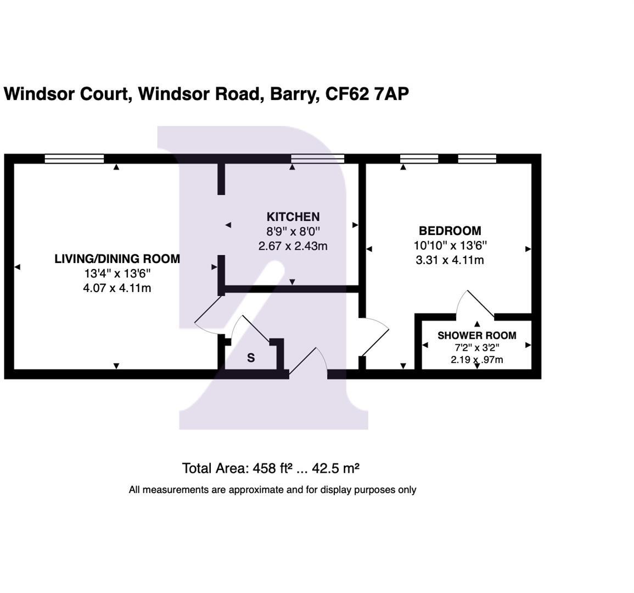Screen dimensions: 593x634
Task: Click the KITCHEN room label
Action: pyautogui.click(x=293, y=217)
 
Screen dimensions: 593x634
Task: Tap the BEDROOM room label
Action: pyautogui.click(x=450, y=231)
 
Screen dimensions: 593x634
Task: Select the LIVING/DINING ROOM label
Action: pyautogui.click(x=117, y=259)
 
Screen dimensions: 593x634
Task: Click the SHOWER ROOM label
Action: pyautogui.click(x=476, y=335)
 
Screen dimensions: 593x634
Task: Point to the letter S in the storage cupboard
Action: pyautogui.click(x=251, y=358)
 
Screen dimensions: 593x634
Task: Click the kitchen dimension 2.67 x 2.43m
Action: pyautogui.click(x=293, y=246)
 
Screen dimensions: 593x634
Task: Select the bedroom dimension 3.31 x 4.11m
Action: pyautogui.click(x=450, y=260)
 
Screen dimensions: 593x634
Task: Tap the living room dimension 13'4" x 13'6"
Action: pyautogui.click(x=117, y=273)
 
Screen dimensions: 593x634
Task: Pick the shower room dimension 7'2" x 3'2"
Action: pyautogui.click(x=476, y=348)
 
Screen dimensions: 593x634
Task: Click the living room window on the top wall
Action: pyautogui.click(x=74, y=159)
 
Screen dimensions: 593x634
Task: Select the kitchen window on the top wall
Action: pyautogui.click(x=317, y=159)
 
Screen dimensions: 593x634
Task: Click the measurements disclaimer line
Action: pyautogui.click(x=272, y=490)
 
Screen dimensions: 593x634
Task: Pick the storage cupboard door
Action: pyautogui.click(x=250, y=329)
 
